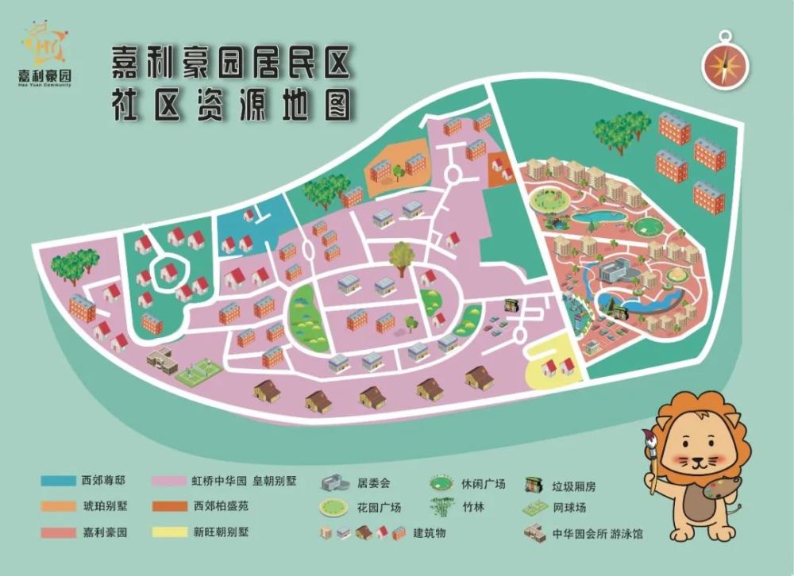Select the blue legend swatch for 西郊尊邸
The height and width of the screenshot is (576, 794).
coord(57,481)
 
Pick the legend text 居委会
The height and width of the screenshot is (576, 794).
coord(373,482)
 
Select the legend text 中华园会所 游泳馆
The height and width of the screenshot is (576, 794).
coord(597,533)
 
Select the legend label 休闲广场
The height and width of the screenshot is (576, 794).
coord(481,482)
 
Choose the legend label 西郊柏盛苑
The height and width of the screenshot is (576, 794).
coord(221,506)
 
